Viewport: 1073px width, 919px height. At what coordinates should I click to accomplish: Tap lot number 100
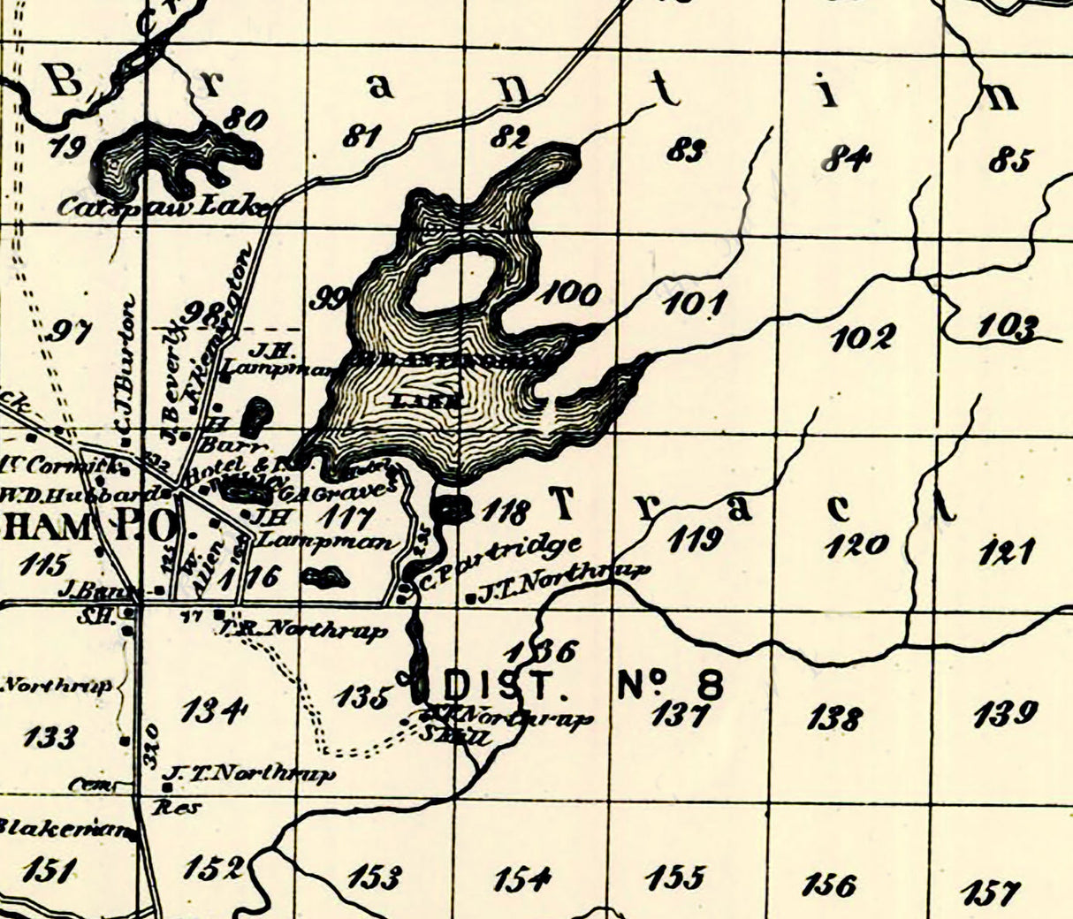click(x=570, y=293)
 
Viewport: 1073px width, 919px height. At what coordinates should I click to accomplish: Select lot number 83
click(x=686, y=151)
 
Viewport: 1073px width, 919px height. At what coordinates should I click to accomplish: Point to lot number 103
click(x=1008, y=328)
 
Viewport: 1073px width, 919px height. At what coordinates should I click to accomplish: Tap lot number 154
click(x=523, y=879)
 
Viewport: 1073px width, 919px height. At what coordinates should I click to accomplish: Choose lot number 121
click(x=1007, y=552)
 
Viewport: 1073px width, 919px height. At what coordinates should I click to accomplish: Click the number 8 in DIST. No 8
click(x=708, y=685)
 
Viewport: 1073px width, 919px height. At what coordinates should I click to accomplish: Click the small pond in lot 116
click(x=324, y=578)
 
